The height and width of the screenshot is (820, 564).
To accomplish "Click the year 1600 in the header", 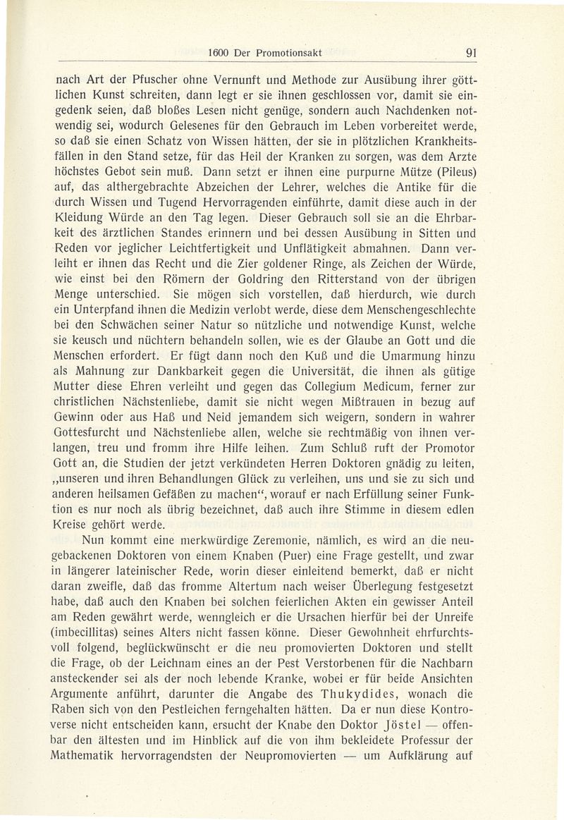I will tap(221, 51).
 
